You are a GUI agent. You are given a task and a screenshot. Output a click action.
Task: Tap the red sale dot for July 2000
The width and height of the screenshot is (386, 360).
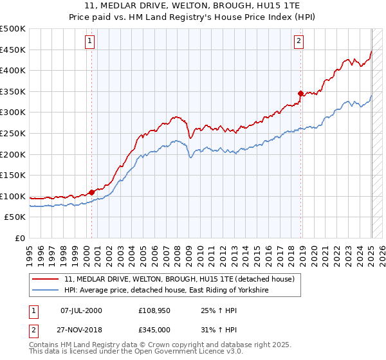[x=91, y=192]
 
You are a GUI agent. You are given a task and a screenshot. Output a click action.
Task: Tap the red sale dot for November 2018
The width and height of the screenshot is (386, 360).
[x=300, y=93]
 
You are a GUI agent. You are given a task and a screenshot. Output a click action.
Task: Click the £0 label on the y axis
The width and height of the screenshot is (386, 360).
[x=20, y=238]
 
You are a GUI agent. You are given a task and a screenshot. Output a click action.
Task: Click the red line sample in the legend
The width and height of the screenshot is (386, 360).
[x=46, y=279]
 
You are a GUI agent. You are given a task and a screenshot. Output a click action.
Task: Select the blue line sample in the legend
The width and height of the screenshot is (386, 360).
[x=46, y=291]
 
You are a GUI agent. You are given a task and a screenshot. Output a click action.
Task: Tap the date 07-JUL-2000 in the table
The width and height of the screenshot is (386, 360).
[x=81, y=310]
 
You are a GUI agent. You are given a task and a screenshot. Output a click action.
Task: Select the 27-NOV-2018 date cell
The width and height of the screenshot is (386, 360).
[x=81, y=329]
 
